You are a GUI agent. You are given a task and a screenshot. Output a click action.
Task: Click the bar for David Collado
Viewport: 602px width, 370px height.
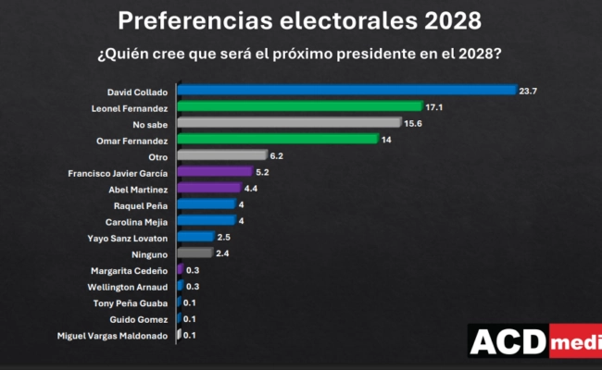(x=346, y=91)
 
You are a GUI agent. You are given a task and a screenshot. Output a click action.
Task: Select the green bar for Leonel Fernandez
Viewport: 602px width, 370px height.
(x=300, y=106)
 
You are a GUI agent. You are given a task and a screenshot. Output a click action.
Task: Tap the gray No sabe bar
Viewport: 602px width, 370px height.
(x=290, y=123)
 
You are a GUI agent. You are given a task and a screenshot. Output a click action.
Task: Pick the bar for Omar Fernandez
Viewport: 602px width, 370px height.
(x=278, y=139)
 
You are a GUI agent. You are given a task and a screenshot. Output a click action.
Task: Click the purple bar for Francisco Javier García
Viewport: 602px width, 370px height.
(x=215, y=171)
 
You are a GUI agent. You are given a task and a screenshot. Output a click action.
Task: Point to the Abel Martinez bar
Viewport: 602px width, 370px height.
(x=209, y=188)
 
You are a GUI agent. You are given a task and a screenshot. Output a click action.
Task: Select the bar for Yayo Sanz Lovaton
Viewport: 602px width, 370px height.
(x=195, y=237)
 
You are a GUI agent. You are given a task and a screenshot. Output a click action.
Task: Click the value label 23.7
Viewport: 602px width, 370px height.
(x=529, y=91)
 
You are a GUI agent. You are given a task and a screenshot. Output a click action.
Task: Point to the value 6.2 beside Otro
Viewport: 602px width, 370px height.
(x=277, y=155)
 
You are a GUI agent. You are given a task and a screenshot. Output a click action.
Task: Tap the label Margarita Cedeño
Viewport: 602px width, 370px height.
(x=130, y=269)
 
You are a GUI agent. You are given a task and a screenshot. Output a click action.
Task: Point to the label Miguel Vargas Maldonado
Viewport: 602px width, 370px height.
(x=114, y=334)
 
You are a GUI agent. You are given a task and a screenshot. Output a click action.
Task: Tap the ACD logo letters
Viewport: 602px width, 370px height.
(x=508, y=342)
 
